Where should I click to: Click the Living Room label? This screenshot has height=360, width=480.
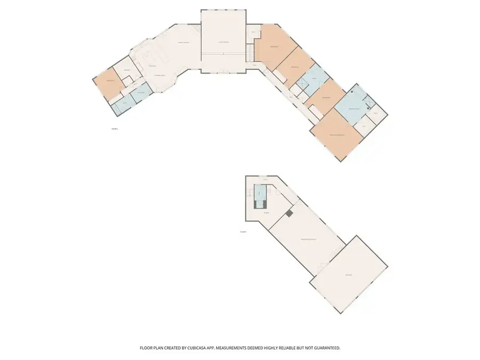tap(223, 42)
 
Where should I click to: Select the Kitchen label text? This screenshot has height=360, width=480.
tap(152, 66)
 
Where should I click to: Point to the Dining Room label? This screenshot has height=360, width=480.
tap(159, 76)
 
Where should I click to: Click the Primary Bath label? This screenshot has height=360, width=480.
tap(355, 109)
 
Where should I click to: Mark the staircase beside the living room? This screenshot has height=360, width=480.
tap(249, 52)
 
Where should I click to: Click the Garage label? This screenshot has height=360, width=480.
tap(348, 275)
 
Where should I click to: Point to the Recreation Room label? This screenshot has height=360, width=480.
tap(308, 239)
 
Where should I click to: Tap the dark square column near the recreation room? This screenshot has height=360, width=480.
tap(289, 213)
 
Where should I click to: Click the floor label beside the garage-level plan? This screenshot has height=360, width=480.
tap(243, 231)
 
